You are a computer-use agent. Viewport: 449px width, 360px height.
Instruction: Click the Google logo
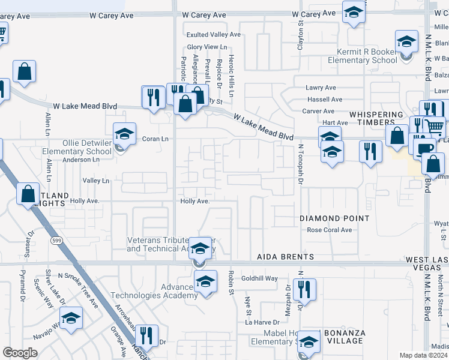coord(20,353)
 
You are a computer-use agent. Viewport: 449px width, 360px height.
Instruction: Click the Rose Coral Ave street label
coord(330,230)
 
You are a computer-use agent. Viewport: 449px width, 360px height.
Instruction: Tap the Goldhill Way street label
coord(259,278)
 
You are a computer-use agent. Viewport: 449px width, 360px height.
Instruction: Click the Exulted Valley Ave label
coord(213,35)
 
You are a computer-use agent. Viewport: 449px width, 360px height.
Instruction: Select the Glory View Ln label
coord(207,47)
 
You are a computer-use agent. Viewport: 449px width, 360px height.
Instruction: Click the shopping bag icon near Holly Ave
coord(28,194)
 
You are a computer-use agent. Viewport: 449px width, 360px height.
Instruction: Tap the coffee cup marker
coord(424,148)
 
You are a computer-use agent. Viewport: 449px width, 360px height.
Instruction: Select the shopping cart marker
coord(434,125)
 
